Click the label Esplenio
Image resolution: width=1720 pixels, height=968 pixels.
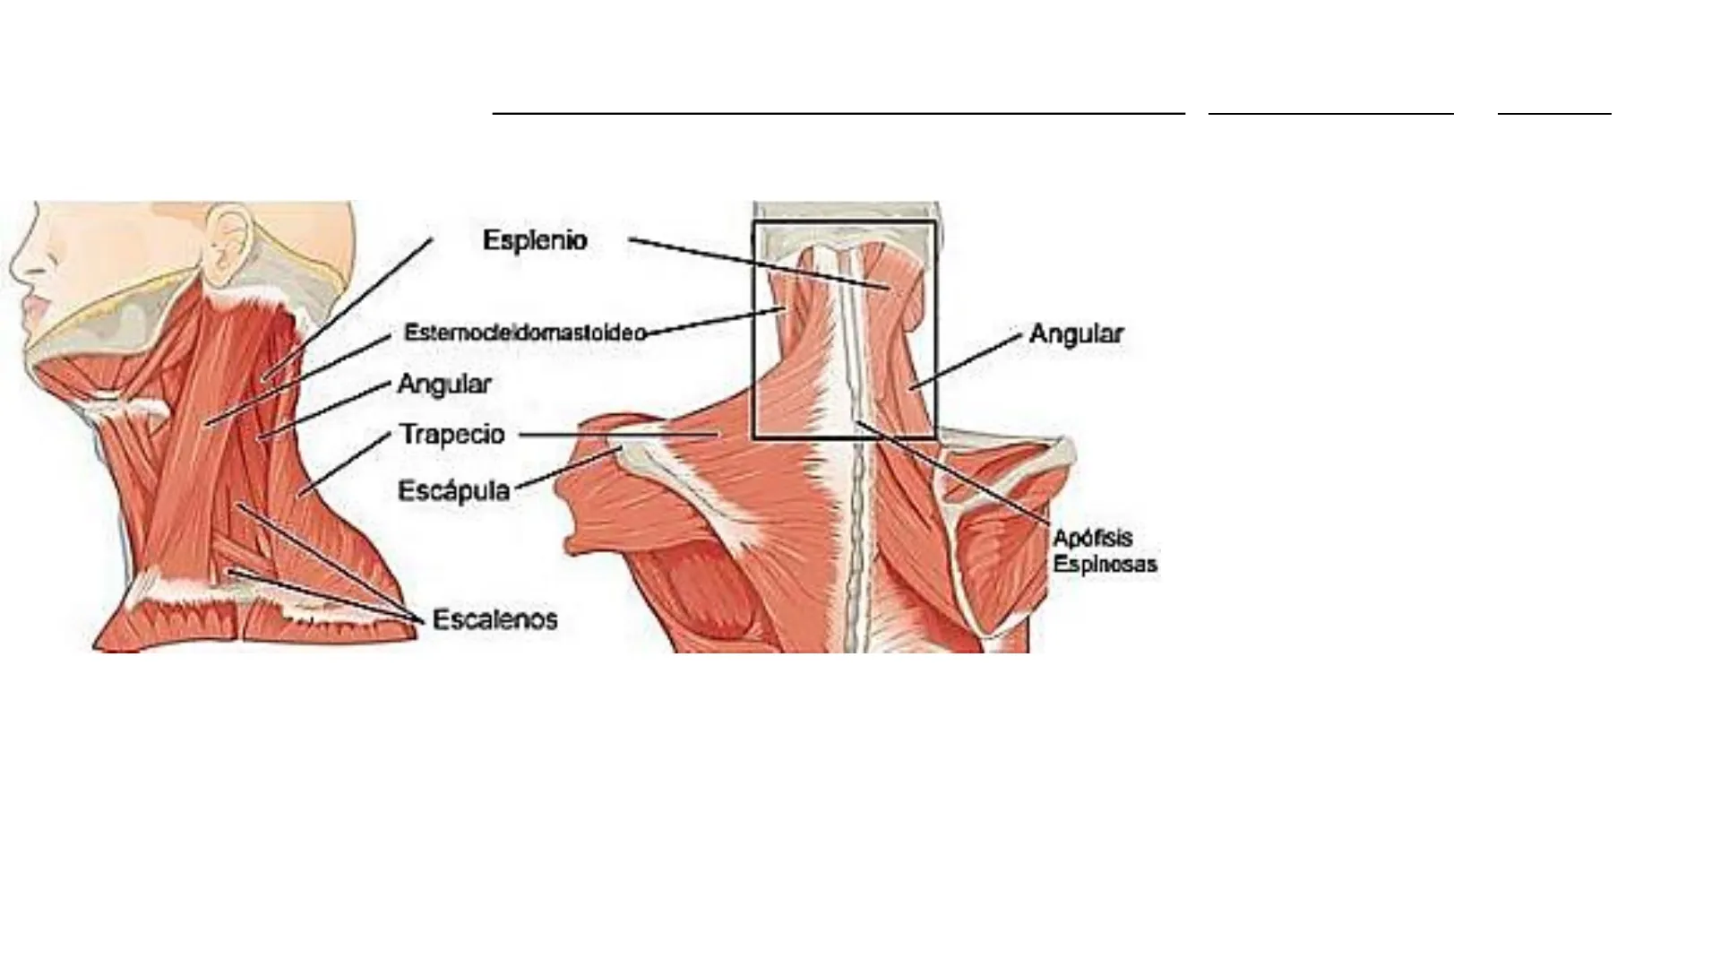click(535, 240)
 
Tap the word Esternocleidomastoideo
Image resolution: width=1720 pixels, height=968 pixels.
click(525, 333)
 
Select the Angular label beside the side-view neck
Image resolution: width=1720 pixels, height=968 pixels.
click(444, 385)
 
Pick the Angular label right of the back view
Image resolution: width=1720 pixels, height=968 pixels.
click(1076, 334)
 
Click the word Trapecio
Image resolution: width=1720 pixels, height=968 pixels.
click(452, 435)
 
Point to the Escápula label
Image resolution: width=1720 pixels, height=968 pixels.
click(453, 491)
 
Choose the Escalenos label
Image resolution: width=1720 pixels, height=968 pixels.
click(494, 619)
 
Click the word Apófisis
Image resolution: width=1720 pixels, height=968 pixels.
click(1093, 538)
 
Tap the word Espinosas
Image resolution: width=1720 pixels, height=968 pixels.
click(1105, 565)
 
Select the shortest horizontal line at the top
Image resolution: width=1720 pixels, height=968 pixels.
click(1554, 114)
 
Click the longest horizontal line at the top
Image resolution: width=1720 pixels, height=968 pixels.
click(838, 114)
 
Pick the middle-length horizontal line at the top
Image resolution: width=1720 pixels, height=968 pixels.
click(1330, 114)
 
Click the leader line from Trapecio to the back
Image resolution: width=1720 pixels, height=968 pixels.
click(618, 435)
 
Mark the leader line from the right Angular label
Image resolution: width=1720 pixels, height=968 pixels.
click(967, 360)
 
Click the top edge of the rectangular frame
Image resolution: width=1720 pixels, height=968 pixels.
click(845, 222)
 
